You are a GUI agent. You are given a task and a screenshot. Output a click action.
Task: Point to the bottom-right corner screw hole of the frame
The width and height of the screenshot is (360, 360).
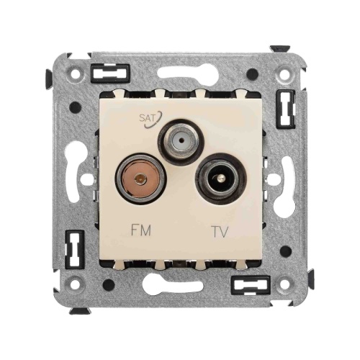point(286,285)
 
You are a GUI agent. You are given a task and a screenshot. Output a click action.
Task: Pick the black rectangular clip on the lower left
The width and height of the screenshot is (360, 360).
point(72,249)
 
